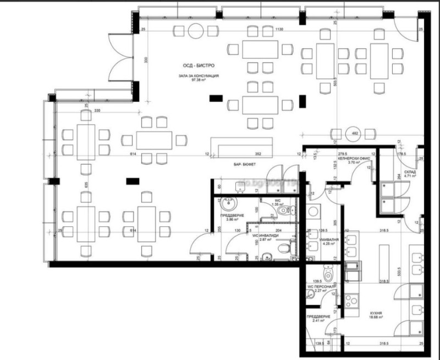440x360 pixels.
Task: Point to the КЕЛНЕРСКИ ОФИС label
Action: pos(353,158)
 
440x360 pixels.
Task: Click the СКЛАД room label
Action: pos(410,171)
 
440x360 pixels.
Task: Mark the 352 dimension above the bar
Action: pos(256,154)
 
